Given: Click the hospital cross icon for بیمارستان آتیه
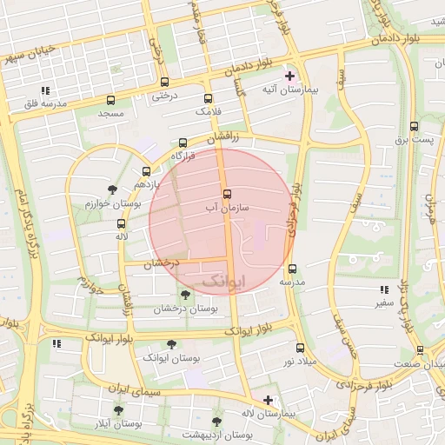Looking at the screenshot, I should coord(290,76).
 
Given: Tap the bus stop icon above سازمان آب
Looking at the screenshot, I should coord(228,194).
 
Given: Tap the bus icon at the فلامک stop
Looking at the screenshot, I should coord(208,98).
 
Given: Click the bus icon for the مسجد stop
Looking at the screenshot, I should coord(110,100).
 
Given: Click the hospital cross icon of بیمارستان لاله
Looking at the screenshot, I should coord(268,401).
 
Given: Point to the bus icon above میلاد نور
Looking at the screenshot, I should coord(300,348).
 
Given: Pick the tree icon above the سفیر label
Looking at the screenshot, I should coord(382,289).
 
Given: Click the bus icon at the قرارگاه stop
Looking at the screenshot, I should coord(183,143).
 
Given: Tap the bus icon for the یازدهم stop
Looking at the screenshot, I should coord(145,171).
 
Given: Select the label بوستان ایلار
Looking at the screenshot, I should coord(119,424).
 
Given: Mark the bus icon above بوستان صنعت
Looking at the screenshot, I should coord(420,350).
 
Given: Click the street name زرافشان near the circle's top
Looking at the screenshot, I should coord(221,139).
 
